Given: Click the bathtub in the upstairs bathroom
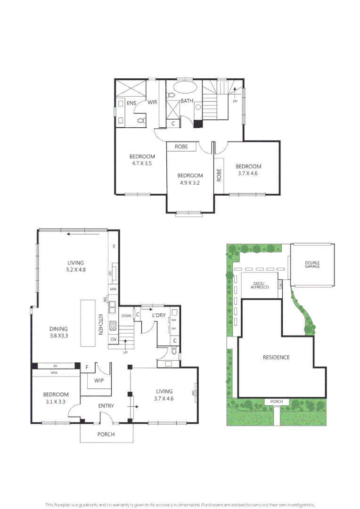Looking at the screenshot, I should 185,88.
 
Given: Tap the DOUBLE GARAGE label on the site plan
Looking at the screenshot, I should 312,265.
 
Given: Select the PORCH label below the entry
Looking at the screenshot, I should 106,434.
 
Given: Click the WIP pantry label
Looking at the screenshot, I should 99,380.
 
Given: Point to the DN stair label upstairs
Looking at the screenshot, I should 235,101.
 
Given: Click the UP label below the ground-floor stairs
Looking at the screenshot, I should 125,352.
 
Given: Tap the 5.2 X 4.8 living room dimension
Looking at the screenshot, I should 75,270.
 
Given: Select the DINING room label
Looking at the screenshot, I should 58,329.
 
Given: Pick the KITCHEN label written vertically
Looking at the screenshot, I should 100,324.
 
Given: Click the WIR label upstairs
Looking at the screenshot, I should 152,102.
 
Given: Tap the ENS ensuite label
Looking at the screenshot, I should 131,102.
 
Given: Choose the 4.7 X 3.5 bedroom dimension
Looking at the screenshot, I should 142,164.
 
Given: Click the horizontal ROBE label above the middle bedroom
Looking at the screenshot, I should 181,147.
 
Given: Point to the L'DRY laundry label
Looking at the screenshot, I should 158,316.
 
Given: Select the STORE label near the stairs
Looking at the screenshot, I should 126,316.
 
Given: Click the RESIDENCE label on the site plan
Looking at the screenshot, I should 276,357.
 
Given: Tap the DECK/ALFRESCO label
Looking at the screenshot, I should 260,285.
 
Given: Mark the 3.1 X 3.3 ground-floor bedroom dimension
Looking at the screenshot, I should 56,402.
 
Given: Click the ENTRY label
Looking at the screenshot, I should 106,406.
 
